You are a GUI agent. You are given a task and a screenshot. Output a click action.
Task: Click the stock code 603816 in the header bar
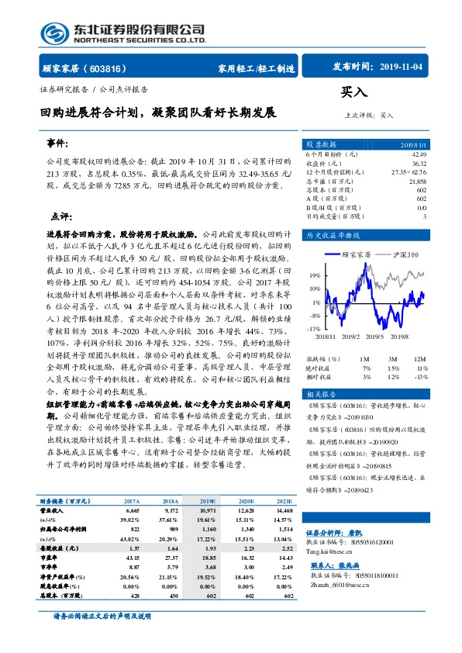[110, 68]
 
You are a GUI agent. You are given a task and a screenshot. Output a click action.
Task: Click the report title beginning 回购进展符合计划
[159, 113]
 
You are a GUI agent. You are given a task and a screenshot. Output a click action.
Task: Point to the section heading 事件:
[57, 145]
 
